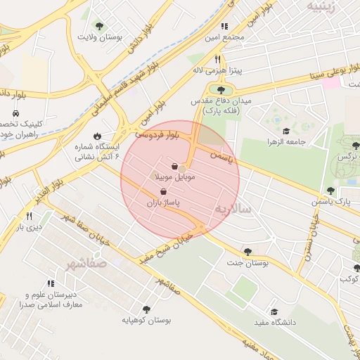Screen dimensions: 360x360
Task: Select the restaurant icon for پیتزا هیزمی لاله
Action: point(218,60)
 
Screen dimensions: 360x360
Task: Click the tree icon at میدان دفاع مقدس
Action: point(221,90)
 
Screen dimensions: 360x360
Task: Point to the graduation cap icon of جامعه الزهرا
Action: point(286,131)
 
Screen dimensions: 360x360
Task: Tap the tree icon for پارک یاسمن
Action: point(330,191)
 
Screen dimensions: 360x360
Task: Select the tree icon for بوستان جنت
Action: point(247,251)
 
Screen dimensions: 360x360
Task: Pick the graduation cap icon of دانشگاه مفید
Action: point(274,311)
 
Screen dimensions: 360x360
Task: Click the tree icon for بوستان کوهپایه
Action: point(146,309)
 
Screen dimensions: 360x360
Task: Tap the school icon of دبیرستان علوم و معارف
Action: point(51,283)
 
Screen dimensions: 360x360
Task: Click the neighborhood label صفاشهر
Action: point(84,264)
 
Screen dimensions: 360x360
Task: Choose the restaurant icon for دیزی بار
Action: point(29,216)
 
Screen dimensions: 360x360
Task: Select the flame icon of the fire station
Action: point(97,136)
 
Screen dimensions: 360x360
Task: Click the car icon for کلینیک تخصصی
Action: point(15,112)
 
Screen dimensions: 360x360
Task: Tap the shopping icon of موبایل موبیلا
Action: point(174,167)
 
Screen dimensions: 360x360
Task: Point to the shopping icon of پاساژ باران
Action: point(163,191)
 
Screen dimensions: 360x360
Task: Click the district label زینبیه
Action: point(325,6)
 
